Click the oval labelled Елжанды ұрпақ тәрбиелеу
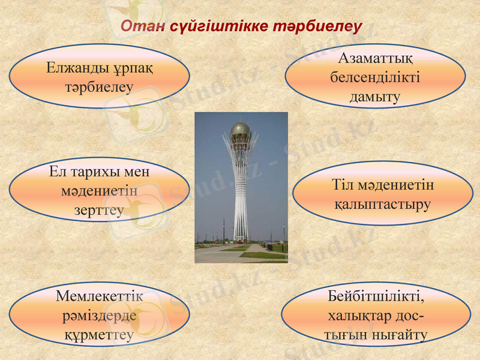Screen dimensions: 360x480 pos(99,76)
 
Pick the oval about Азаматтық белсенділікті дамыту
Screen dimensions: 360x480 pos(374,76)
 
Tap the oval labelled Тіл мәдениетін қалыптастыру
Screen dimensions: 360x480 pos(382,194)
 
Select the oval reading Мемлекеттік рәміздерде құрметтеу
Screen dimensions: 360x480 pos(99,315)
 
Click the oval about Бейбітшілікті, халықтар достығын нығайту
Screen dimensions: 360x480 pos(376,315)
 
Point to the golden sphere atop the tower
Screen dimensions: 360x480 pos(241,130)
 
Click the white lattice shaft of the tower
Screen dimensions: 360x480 pos(241,192)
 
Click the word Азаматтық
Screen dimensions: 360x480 pos(375,59)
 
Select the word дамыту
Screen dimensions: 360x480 pos(375,97)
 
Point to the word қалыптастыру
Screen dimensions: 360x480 pos(382,204)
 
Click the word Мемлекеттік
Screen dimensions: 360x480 pos(100,296)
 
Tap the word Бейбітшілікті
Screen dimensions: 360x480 pos(376,296)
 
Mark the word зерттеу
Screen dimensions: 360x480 pos(100,210)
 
